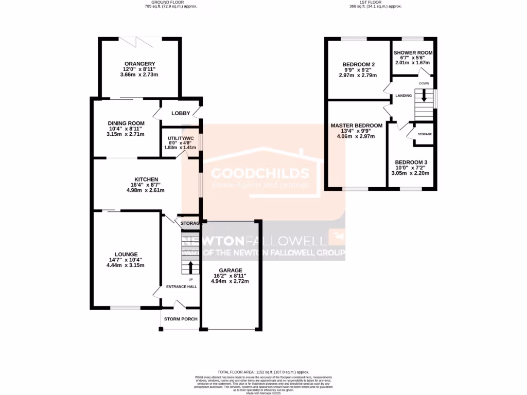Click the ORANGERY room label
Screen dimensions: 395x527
tap(139, 64)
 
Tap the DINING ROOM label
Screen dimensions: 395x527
tap(126, 123)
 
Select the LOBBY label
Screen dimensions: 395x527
tap(181, 113)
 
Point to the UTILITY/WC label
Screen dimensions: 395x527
tap(180, 138)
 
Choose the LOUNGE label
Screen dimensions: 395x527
tap(126, 254)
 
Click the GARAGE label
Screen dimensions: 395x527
tap(230, 270)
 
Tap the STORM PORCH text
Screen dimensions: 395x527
tap(181, 319)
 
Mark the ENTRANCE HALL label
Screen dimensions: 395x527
tap(181, 287)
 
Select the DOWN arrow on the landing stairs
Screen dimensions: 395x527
tap(424, 95)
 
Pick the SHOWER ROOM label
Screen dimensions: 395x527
tap(413, 52)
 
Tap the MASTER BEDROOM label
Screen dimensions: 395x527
tap(357, 125)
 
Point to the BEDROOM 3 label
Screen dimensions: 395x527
tap(411, 162)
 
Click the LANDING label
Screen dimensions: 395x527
tap(403, 95)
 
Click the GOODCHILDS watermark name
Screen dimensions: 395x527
tap(261, 173)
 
